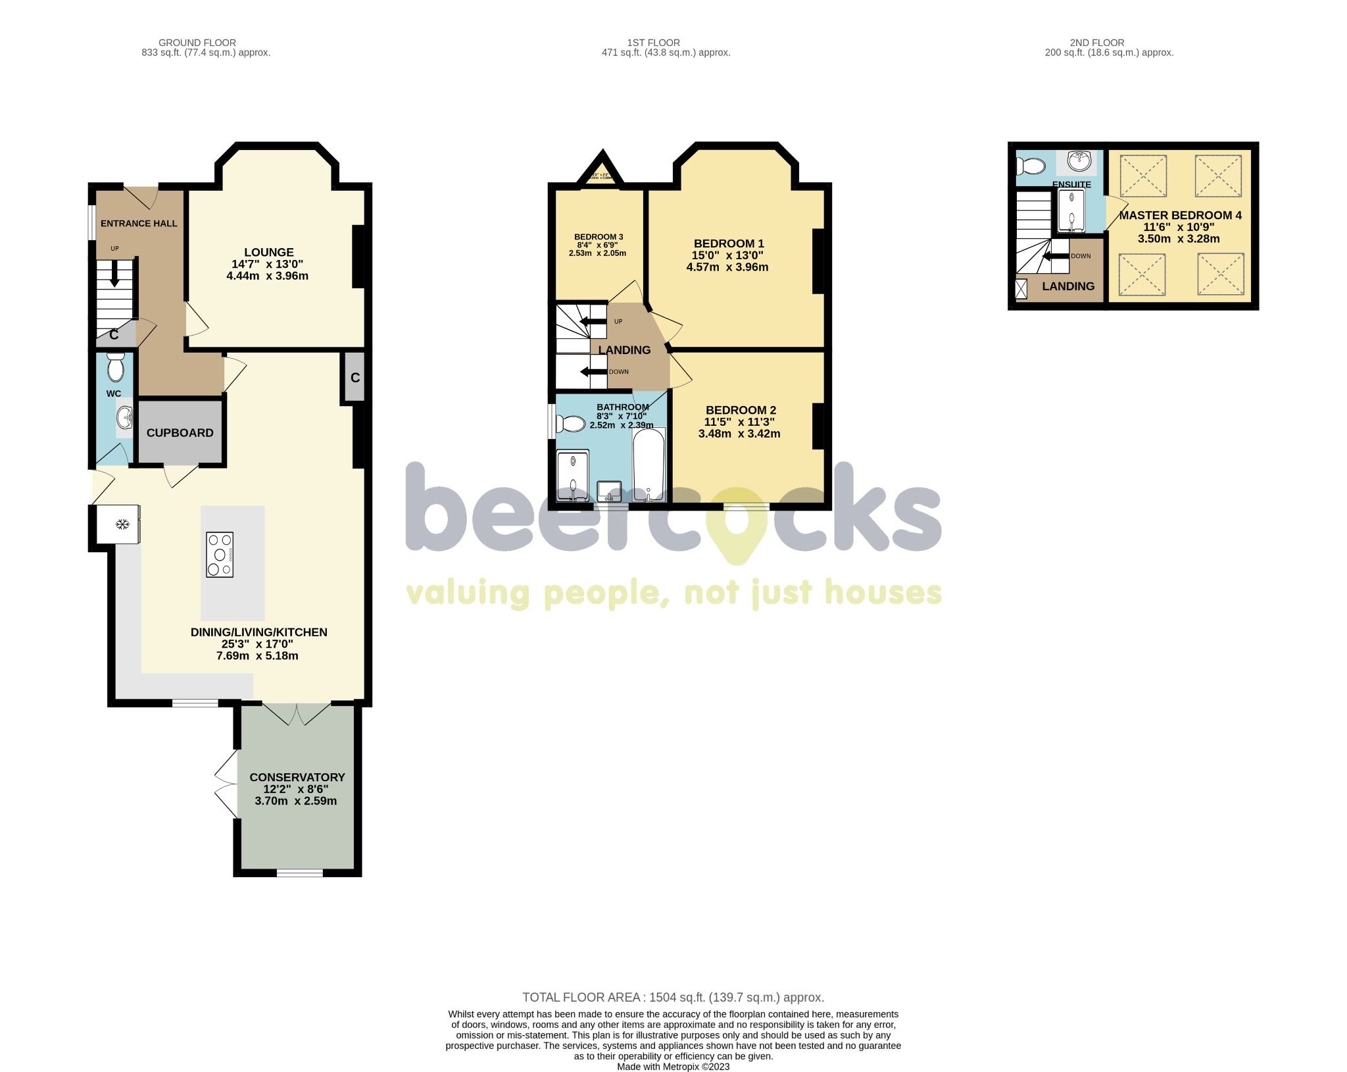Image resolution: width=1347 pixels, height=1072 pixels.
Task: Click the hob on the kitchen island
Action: [220, 555]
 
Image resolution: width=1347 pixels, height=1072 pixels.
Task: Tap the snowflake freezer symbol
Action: [121, 524]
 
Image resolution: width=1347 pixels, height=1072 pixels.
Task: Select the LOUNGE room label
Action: [268, 252]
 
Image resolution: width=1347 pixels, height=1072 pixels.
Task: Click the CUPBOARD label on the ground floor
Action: [180, 432]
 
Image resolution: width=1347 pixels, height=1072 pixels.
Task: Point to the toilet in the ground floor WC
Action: [116, 367]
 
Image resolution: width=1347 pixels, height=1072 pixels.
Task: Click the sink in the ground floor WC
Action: [125, 417]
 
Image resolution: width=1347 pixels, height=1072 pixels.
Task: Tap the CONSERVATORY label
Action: [297, 777]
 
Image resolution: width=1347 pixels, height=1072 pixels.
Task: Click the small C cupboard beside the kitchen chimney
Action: [355, 378]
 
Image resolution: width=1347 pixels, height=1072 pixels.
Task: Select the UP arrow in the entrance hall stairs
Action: [115, 273]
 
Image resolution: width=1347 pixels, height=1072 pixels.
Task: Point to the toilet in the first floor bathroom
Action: [571, 424]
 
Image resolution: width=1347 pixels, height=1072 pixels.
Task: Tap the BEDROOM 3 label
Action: [599, 237]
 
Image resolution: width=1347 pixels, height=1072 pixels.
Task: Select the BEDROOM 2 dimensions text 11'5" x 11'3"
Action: [739, 422]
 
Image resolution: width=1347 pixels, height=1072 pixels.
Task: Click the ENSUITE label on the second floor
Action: [1071, 184]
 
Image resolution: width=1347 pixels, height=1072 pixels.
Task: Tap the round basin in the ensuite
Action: [1079, 160]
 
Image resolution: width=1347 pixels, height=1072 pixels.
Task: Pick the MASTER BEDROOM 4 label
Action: [1180, 215]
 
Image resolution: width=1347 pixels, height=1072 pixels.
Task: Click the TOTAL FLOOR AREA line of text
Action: [673, 997]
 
